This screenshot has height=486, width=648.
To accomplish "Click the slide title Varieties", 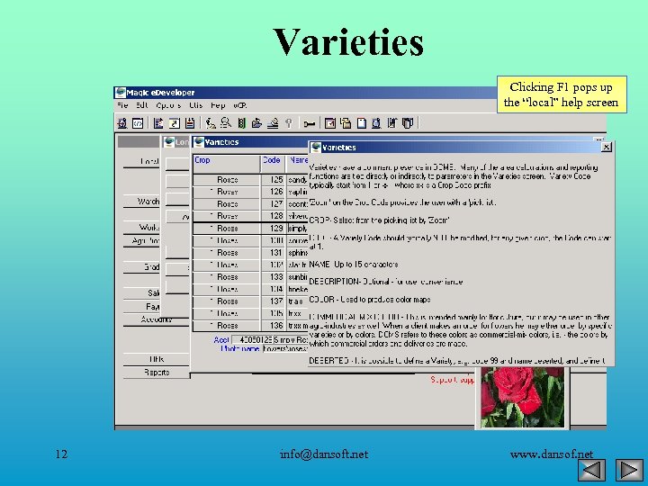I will click(347, 42).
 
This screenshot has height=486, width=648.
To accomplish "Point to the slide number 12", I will click(60, 454).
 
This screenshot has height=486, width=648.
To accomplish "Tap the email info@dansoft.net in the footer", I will click(323, 454).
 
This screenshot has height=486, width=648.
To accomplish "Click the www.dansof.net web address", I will click(551, 454).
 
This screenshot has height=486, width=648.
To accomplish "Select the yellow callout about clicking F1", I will click(561, 94).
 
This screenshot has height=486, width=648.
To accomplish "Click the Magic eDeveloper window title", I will click(161, 93).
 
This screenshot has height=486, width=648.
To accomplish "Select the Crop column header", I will click(202, 160).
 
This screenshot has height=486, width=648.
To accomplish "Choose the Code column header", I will click(271, 160).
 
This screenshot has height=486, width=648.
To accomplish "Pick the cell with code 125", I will click(275, 180).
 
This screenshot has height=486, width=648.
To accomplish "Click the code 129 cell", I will click(275, 229).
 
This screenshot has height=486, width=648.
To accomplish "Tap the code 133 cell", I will click(275, 277).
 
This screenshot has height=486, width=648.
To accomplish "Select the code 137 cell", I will click(275, 301).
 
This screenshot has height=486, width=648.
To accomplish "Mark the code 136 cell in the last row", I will click(275, 326).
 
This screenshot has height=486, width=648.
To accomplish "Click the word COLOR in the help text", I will click(323, 299).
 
